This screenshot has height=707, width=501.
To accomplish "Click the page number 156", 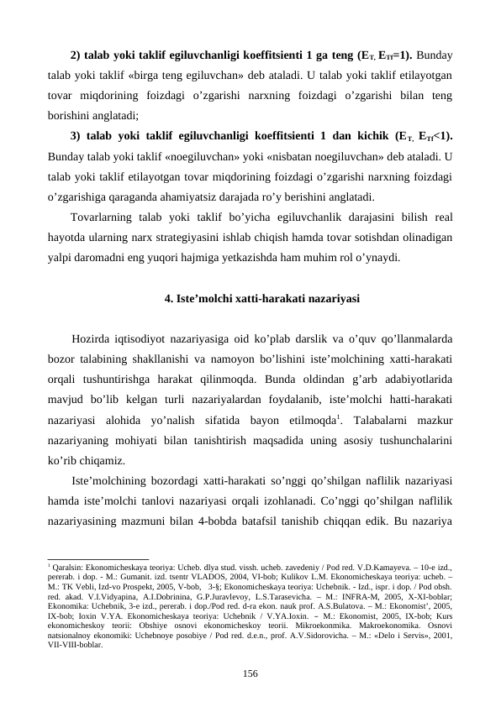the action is click(250, 673).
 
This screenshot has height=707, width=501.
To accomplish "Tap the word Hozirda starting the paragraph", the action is click(92, 339).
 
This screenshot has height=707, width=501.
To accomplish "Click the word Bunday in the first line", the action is click(434, 55).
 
